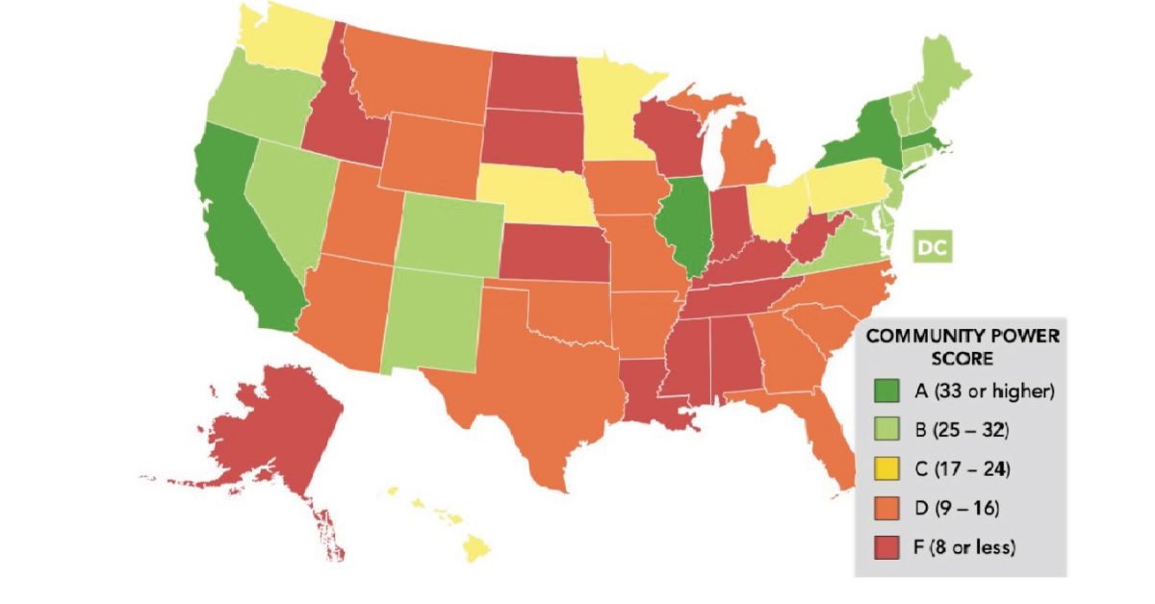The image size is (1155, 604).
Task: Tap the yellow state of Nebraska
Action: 534,192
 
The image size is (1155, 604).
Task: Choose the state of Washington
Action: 284,43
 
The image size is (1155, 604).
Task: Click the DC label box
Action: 931,247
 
